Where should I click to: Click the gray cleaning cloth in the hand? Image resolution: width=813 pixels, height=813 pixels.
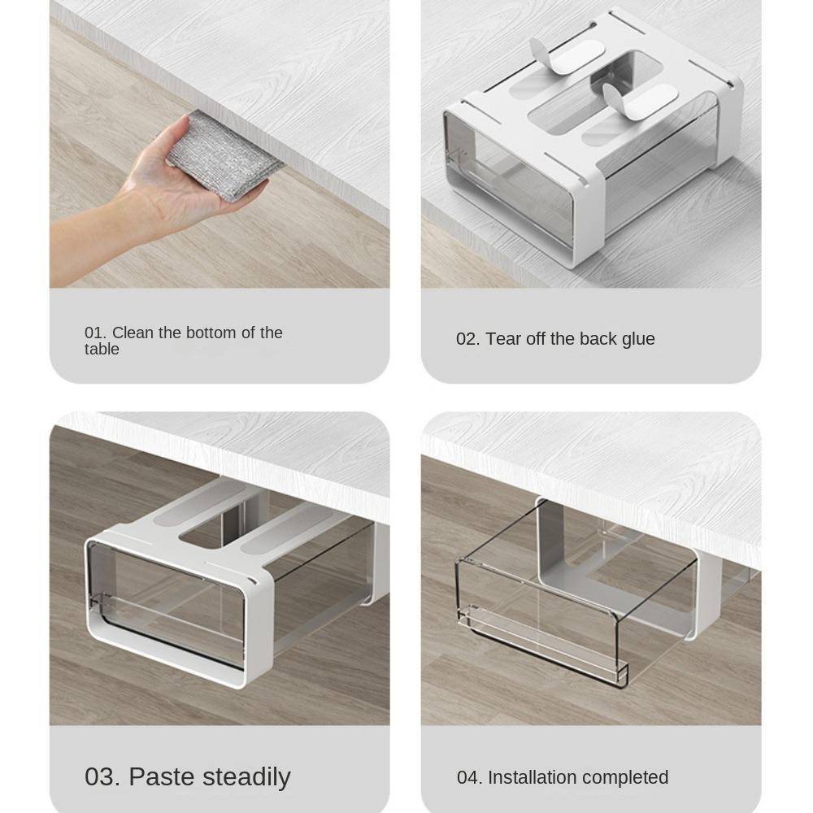(x=225, y=154)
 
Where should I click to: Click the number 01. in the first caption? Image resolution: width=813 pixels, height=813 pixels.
(x=95, y=333)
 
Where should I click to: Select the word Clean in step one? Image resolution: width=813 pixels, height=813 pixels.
(x=133, y=333)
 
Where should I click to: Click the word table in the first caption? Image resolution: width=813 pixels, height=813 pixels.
(x=102, y=349)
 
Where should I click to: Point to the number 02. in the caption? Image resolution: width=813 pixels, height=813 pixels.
(x=467, y=338)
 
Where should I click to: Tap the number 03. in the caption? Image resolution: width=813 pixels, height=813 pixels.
(x=102, y=776)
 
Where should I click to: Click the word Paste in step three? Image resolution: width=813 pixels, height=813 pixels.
(x=162, y=776)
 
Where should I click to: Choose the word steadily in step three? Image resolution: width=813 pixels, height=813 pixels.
(x=246, y=777)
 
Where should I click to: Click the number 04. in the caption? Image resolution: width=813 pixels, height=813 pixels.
(x=469, y=778)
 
